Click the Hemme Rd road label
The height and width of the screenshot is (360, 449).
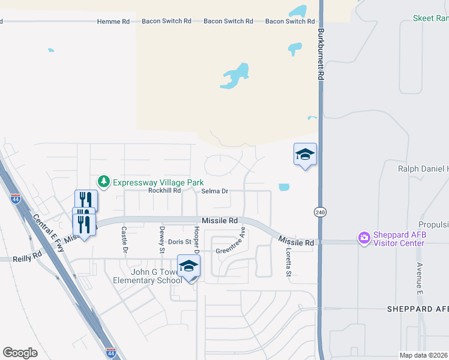(x=113, y=22)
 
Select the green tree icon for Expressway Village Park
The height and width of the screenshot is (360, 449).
(x=103, y=181)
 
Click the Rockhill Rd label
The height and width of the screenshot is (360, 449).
(x=164, y=191)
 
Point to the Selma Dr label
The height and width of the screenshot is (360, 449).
(x=215, y=191)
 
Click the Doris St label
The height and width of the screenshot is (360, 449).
(x=179, y=242)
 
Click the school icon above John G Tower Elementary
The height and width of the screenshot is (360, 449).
(x=188, y=266)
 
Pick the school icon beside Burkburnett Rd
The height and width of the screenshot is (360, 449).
(x=305, y=154)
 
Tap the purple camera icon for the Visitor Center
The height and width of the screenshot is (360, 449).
(x=364, y=238)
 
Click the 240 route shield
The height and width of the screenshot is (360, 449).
(x=319, y=212)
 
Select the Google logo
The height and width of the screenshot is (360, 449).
(x=20, y=352)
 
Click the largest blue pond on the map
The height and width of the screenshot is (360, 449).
(x=237, y=76)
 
